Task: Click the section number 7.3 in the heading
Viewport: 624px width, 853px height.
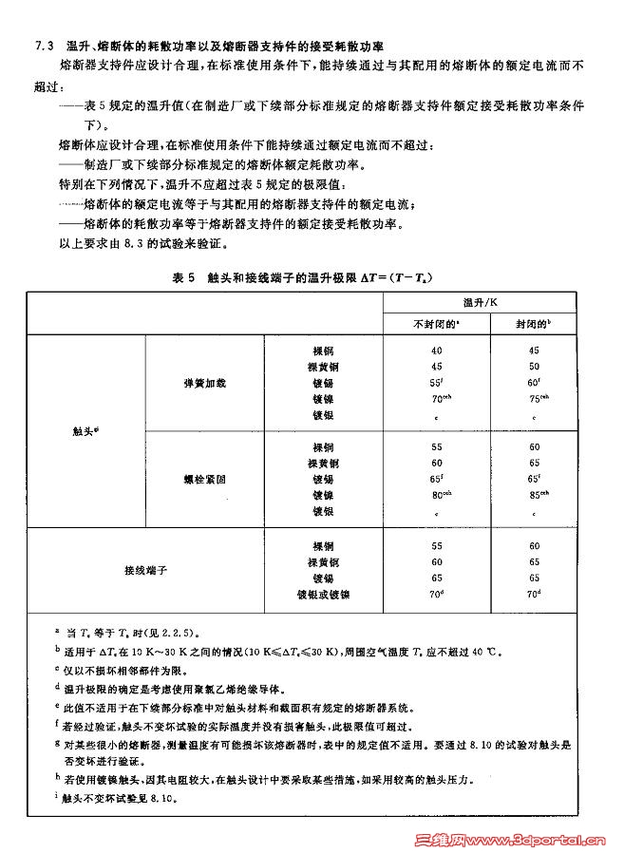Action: pyautogui.click(x=42, y=47)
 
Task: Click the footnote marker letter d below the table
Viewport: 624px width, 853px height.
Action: pyautogui.click(x=57, y=685)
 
